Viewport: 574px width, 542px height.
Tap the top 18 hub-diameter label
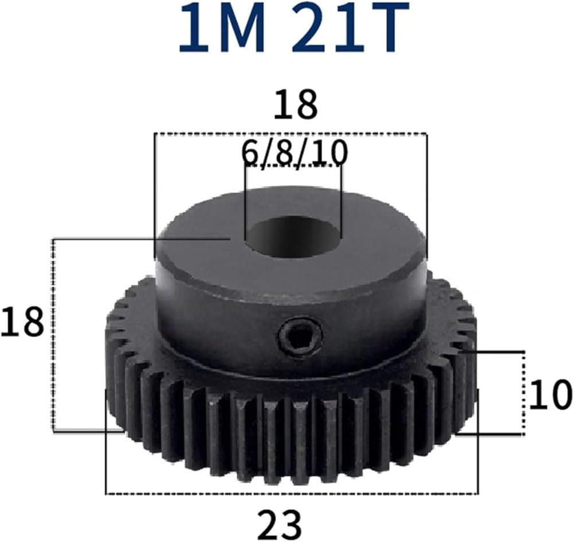click(295, 104)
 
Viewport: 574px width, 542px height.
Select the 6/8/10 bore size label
click(294, 153)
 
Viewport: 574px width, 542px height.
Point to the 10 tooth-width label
click(549, 395)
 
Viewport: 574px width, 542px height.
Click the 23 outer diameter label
click(280, 524)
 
